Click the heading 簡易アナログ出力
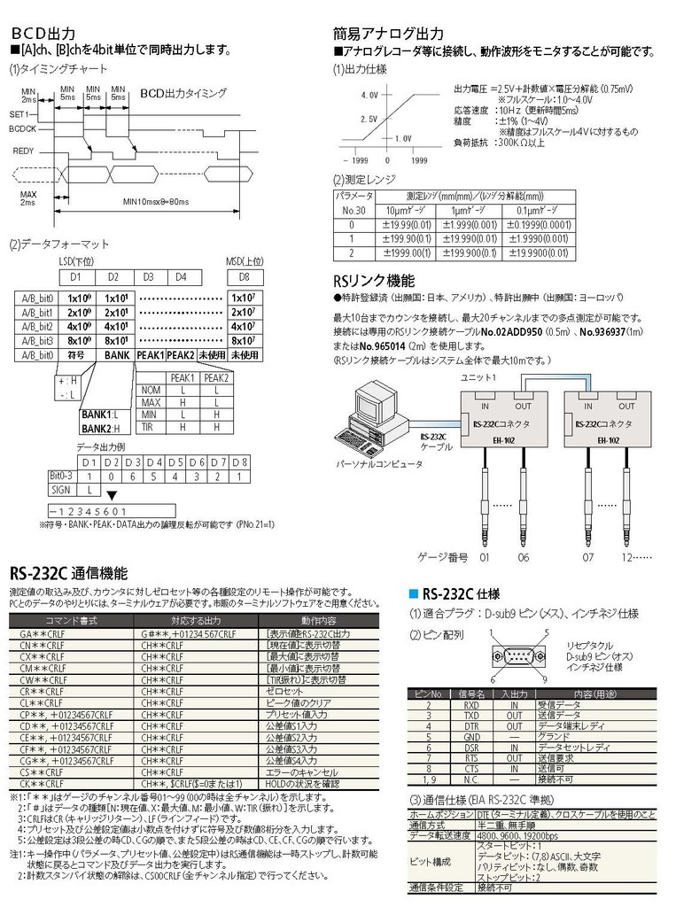(x=388, y=33)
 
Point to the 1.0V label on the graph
(x=402, y=138)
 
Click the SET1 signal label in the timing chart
(x=20, y=114)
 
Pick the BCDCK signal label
(x=24, y=128)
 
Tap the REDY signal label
(x=24, y=151)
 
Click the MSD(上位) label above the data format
(x=239, y=261)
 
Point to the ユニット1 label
(x=478, y=378)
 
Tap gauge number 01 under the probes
(x=484, y=557)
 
